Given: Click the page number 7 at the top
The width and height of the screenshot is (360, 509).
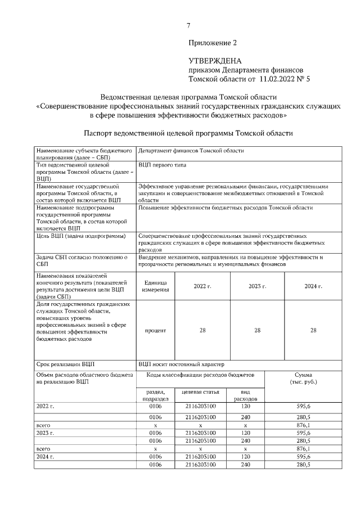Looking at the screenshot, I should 188,24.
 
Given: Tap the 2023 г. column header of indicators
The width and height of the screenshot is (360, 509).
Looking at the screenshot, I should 257,286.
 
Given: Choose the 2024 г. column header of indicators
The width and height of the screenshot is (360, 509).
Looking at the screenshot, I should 313,286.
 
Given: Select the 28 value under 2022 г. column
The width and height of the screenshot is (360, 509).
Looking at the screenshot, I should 202,330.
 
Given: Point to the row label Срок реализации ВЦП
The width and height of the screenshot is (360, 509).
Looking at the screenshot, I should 65,364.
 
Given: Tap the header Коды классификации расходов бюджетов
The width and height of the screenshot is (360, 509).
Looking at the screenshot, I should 200,374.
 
